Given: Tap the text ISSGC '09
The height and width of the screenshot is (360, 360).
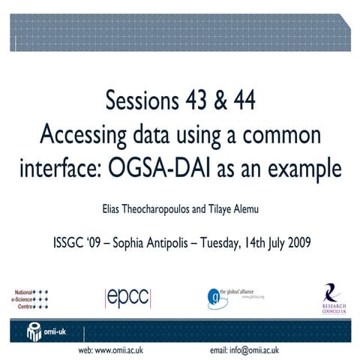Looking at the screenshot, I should [79, 242].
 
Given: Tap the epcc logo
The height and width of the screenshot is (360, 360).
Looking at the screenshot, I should [127, 296].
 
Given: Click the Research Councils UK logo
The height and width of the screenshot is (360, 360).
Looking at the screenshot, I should [330, 297].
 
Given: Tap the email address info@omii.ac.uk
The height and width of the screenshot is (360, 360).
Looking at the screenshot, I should [244, 350].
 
